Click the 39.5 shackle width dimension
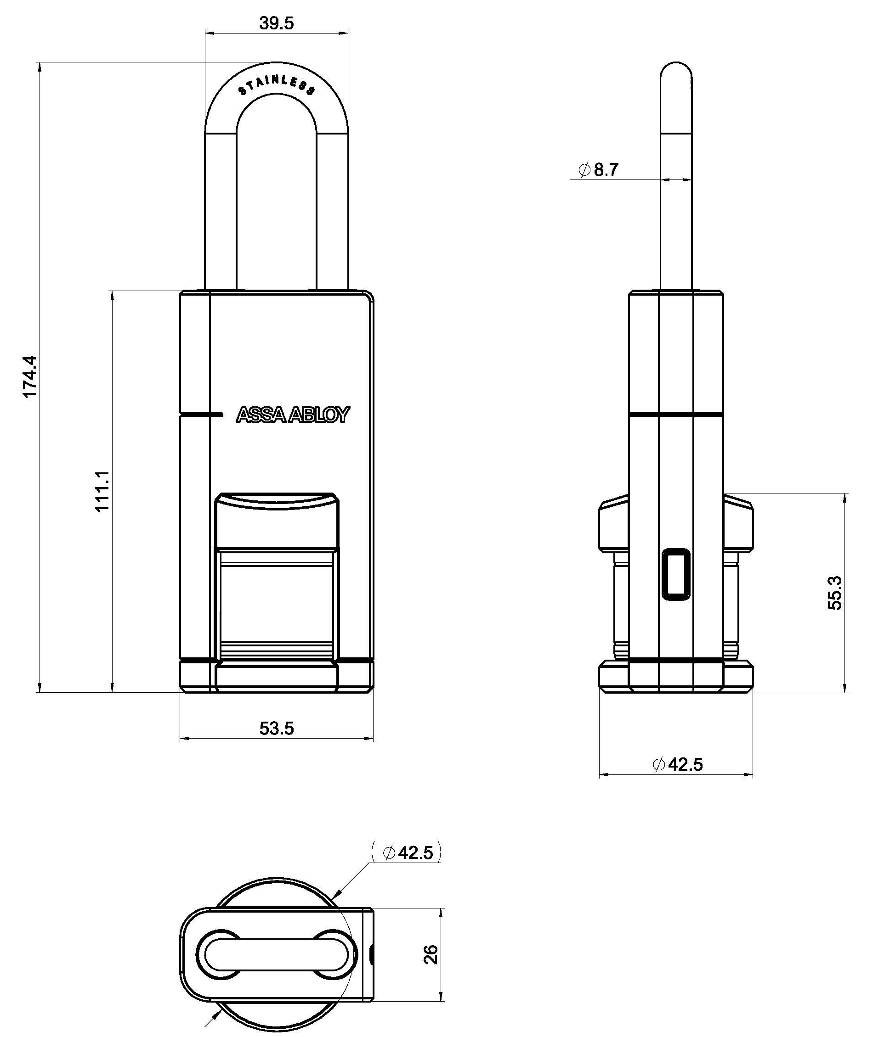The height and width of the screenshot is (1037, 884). pyautogui.click(x=276, y=23)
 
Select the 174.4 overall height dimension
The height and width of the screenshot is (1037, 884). pyautogui.click(x=30, y=377)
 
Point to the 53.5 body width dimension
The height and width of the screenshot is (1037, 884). pyautogui.click(x=276, y=728)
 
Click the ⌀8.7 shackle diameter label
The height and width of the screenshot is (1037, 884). pyautogui.click(x=599, y=170)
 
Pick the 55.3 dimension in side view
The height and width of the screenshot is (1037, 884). pyautogui.click(x=834, y=593)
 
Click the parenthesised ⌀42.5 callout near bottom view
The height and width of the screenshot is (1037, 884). pyautogui.click(x=407, y=852)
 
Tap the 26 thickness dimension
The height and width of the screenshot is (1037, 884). pyautogui.click(x=431, y=954)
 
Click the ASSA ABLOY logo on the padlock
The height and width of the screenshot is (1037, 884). pyautogui.click(x=293, y=415)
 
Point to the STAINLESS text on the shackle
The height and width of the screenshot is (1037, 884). pyautogui.click(x=277, y=85)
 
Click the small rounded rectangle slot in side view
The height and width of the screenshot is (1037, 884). pyautogui.click(x=676, y=573)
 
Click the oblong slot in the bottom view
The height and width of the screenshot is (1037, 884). pyautogui.click(x=277, y=954)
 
